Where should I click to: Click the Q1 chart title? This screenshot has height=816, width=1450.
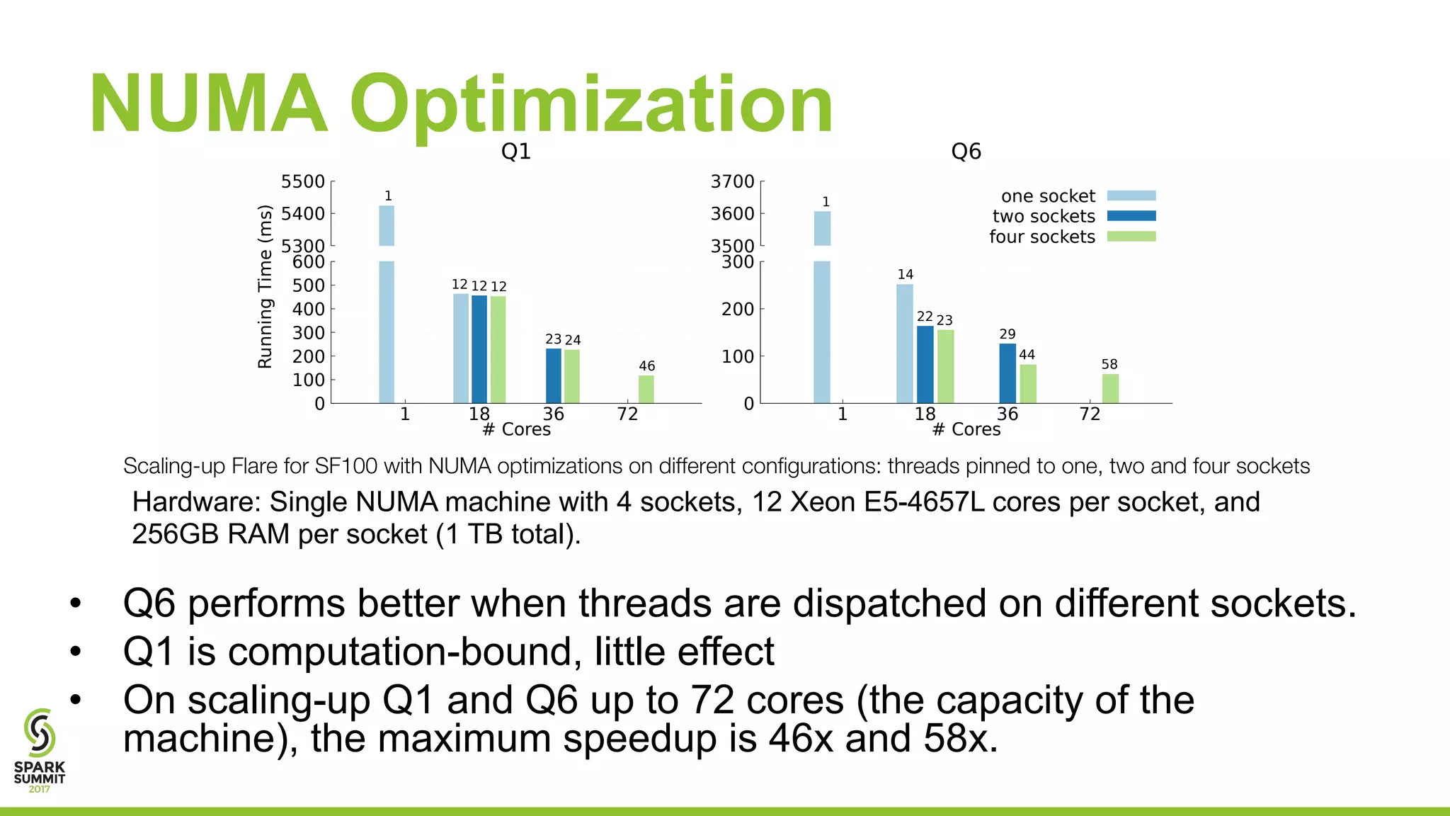[515, 152]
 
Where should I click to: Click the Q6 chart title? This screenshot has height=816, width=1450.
[966, 152]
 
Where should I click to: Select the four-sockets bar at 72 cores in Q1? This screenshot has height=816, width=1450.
[646, 390]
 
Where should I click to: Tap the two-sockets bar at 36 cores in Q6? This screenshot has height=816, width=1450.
[1007, 373]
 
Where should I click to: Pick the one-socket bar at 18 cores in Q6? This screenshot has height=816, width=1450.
[905, 344]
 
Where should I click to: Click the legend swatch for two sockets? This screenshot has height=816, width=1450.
[1131, 216]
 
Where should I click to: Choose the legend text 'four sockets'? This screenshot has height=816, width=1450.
[1041, 237]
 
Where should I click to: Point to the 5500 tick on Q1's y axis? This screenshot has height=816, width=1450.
[303, 182]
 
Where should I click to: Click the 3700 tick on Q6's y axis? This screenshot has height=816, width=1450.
[732, 182]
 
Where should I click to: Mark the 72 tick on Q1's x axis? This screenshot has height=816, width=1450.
[627, 414]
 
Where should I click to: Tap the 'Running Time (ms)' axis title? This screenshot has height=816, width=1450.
[265, 287]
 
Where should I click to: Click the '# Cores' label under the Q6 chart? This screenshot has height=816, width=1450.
[966, 430]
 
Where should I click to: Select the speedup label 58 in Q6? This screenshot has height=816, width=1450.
[1109, 365]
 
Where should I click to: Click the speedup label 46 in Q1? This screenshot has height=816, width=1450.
[646, 366]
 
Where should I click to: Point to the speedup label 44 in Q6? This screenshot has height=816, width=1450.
[1027, 355]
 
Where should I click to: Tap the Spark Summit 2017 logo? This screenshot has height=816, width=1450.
[40, 751]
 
